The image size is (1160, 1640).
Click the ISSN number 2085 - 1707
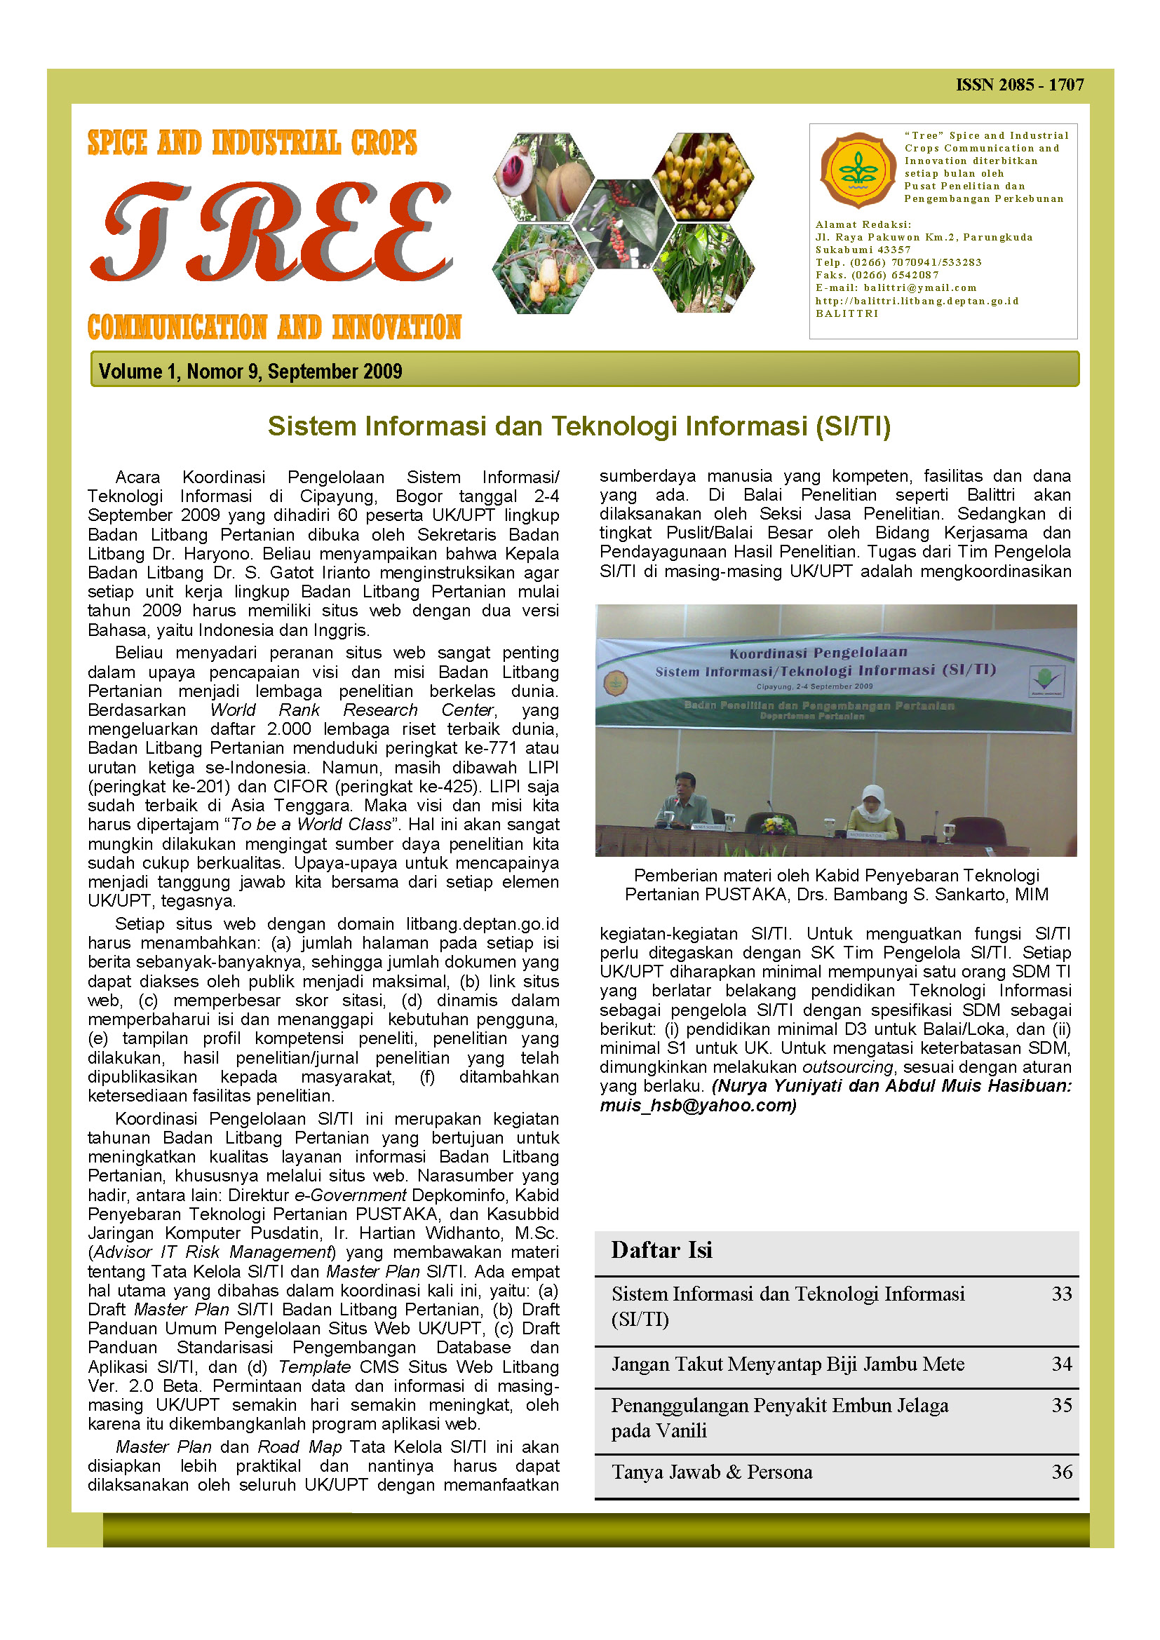1019,85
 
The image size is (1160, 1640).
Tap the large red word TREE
271,232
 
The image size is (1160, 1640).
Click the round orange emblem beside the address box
858,170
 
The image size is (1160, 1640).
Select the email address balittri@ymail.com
919,288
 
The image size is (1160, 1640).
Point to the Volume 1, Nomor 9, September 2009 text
250,372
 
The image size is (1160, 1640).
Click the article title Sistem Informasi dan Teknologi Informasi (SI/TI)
579,426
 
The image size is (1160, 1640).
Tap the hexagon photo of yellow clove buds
703,176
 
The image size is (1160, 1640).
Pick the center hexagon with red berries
623,224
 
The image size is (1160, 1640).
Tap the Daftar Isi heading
661,1250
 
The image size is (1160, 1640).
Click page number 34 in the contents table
1061,1364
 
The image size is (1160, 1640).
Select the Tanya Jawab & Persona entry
711,1472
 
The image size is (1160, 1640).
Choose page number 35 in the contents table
1061,1405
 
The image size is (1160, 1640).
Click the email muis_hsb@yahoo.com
697,1105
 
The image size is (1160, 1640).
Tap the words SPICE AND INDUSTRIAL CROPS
252,143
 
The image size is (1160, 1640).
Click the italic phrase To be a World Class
311,825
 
